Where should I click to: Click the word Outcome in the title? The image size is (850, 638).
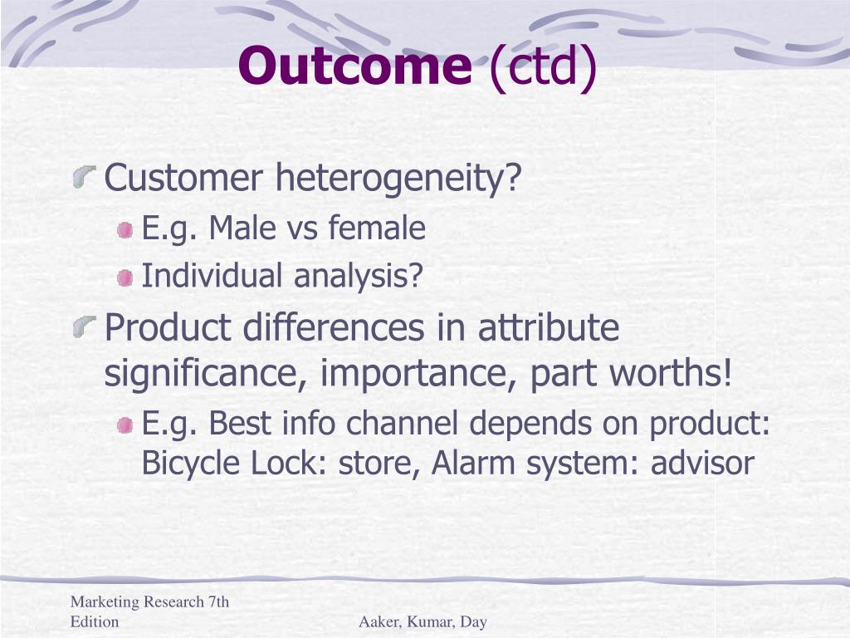[x=355, y=65]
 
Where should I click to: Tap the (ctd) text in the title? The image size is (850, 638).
[x=543, y=67]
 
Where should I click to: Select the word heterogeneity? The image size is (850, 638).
[x=398, y=178]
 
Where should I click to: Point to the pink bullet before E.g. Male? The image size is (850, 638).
[x=125, y=230]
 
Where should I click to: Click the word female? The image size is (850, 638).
[x=377, y=228]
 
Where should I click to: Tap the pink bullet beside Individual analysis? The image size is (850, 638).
[x=125, y=278]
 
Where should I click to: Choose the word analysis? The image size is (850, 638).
[x=358, y=276]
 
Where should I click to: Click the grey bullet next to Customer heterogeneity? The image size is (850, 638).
[x=85, y=178]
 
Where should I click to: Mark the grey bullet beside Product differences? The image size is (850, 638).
[x=85, y=327]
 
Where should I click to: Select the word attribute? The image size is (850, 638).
[x=548, y=326]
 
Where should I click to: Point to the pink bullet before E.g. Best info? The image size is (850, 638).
[x=125, y=425]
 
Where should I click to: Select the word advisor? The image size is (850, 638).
[x=702, y=463]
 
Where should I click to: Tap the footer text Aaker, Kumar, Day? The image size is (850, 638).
[x=423, y=621]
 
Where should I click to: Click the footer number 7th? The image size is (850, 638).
[x=217, y=601]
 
